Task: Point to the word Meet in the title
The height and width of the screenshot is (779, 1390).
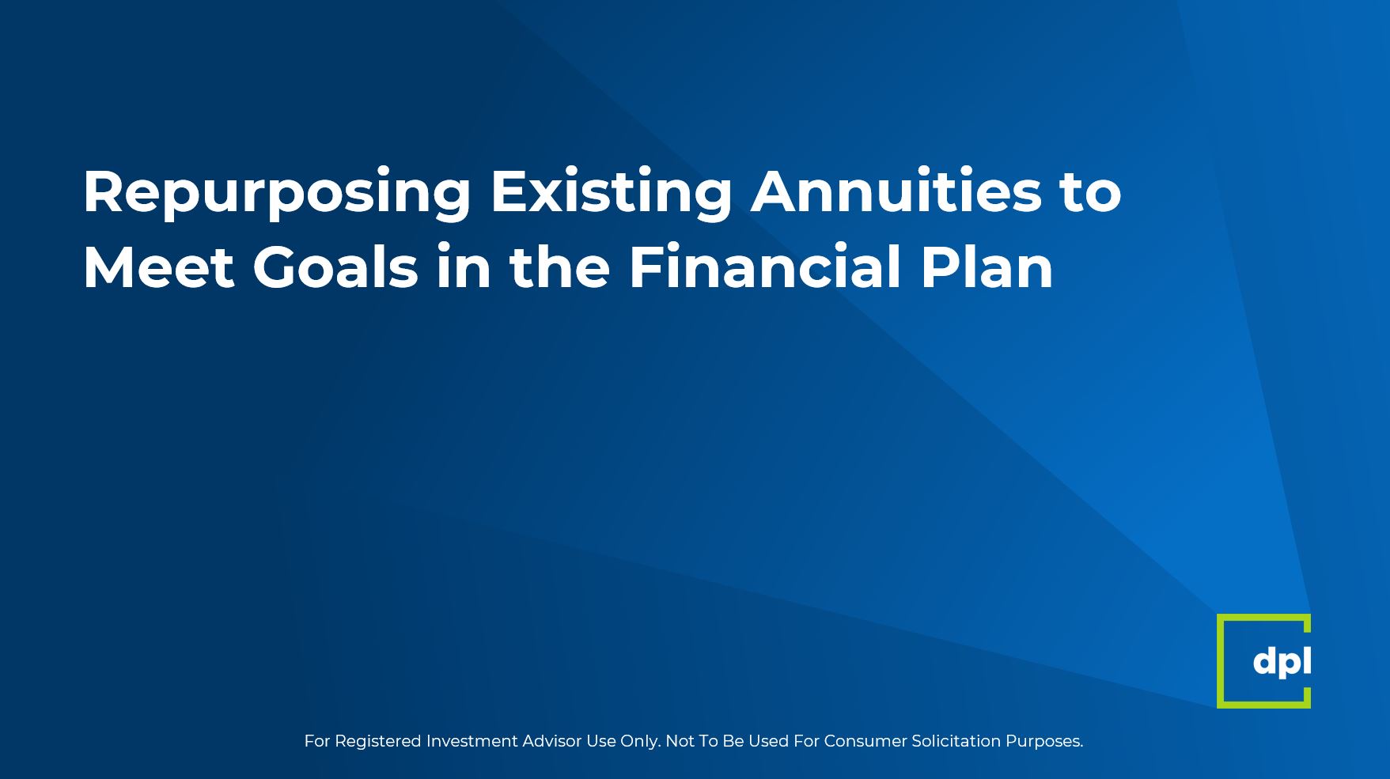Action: point(158,267)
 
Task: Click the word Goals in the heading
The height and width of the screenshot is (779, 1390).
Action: point(335,267)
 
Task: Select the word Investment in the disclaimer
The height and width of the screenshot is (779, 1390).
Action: point(472,741)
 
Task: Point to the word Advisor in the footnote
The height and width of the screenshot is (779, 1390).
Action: point(552,741)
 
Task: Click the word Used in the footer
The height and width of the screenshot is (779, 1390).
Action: point(765,741)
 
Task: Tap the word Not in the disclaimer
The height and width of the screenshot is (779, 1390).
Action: point(679,741)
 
